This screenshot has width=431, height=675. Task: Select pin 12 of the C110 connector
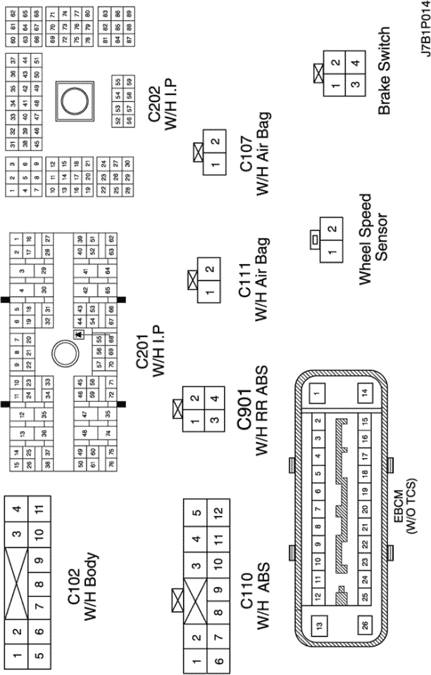pos(218,511)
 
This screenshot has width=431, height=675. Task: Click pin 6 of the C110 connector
pos(218,661)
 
